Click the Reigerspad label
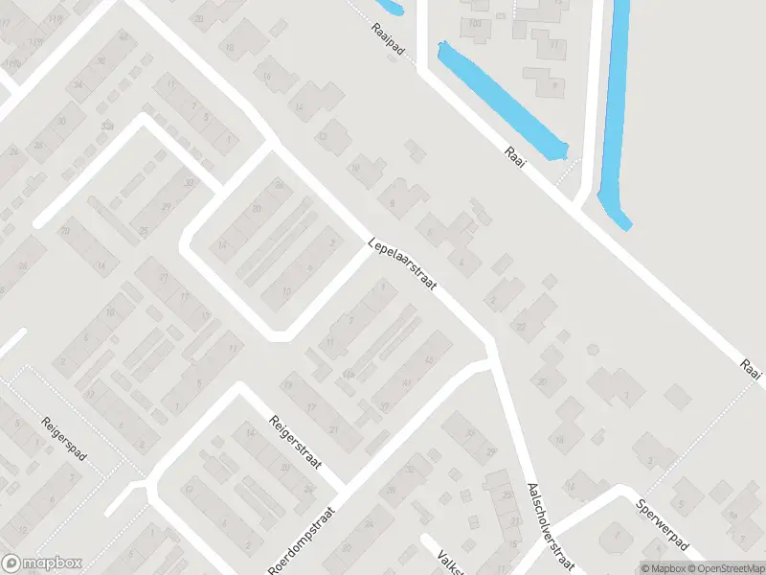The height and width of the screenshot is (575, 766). point(64,439)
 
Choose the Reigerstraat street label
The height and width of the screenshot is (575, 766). point(294,448)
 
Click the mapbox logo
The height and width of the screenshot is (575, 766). point(41,563)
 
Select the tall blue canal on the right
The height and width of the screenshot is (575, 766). point(615,105)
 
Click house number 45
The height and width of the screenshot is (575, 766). point(428,359)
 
